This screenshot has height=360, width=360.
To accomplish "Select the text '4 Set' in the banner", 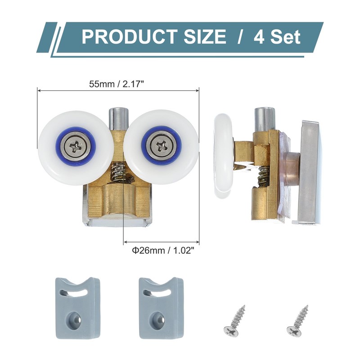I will coord(277,36).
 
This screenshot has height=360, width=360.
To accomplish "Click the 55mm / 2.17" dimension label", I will coord(118,83).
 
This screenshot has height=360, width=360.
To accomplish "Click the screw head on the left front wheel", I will coord(75,145).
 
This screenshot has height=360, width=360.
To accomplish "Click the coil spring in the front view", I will coord(118,173).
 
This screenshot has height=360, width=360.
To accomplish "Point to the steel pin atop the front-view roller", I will coord(118,118).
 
